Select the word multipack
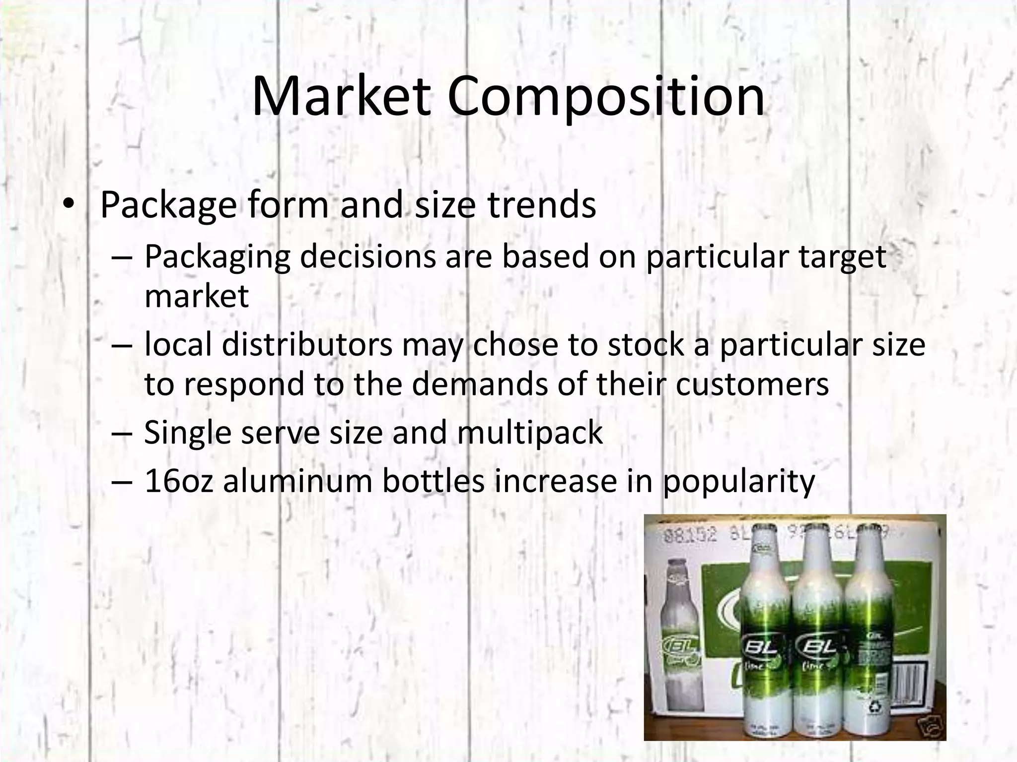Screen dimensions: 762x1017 coord(529,432)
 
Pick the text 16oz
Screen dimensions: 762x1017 coord(179,481)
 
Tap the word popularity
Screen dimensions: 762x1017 coord(738,481)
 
